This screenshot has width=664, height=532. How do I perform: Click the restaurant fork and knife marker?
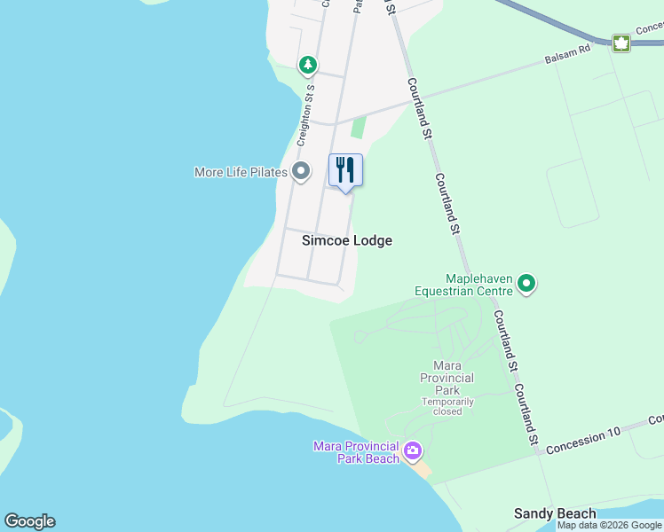pyautogui.click(x=345, y=169)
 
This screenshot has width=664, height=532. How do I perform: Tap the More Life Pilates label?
pyautogui.click(x=241, y=172)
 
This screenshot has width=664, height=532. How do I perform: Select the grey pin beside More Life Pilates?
pyautogui.click(x=301, y=171)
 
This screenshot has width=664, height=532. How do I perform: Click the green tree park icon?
pyautogui.click(x=307, y=65)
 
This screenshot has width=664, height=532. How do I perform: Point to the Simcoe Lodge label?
pyautogui.click(x=347, y=240)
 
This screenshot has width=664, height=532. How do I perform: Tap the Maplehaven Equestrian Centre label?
pyautogui.click(x=465, y=284)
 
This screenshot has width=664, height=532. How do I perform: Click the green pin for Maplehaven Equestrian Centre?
pyautogui.click(x=527, y=284)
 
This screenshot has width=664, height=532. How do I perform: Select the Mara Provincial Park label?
pyautogui.click(x=447, y=378)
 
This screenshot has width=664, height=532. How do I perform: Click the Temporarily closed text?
pyautogui.click(x=447, y=406)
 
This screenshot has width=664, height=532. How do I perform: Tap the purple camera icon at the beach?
pyautogui.click(x=412, y=451)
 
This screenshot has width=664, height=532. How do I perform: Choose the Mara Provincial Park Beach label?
pyautogui.click(x=356, y=451)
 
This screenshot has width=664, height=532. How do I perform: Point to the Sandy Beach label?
pyautogui.click(x=556, y=514)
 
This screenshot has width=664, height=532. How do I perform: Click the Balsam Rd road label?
pyautogui.click(x=567, y=58)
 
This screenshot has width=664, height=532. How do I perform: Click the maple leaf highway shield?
pyautogui.click(x=621, y=43)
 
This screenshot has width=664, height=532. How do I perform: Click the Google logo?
pyautogui.click(x=29, y=521)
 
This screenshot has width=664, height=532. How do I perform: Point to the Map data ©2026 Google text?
pyautogui.click(x=610, y=525)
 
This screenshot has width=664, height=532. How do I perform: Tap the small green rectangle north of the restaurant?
pyautogui.click(x=358, y=128)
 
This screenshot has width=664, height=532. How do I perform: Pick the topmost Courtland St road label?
pyautogui.click(x=419, y=108)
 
